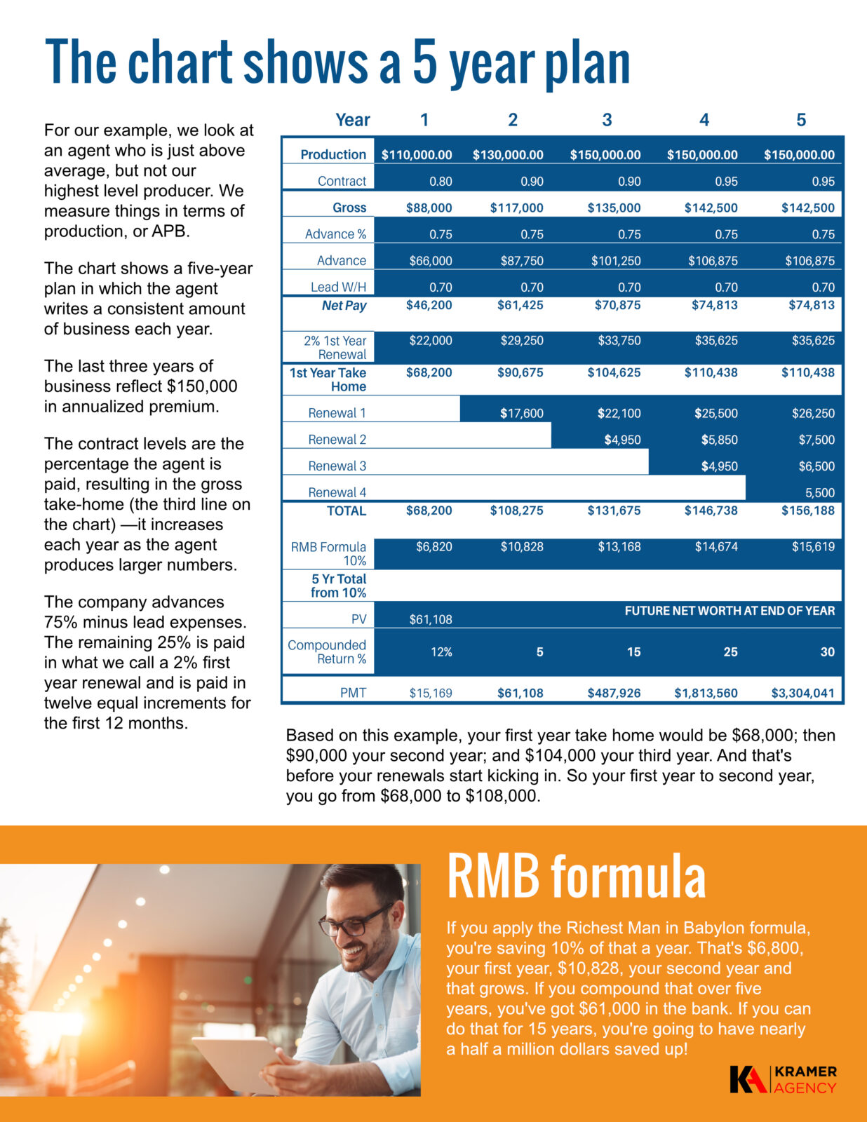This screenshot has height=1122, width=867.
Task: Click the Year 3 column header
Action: (x=607, y=120)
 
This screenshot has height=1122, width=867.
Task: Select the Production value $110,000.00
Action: (x=417, y=155)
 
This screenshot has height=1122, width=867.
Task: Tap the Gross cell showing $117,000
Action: (x=516, y=208)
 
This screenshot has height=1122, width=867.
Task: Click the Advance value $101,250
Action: (x=615, y=261)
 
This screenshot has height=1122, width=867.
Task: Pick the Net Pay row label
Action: (x=344, y=306)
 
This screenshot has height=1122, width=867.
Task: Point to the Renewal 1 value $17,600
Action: (x=521, y=414)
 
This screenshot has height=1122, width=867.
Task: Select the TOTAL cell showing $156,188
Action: (x=808, y=511)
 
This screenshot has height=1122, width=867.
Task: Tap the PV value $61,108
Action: (x=431, y=619)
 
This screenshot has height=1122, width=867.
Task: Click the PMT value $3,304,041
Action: (x=802, y=694)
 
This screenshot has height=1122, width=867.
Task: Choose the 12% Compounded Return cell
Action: (x=441, y=652)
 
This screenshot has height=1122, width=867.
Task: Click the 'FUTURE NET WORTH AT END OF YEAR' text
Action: (x=730, y=611)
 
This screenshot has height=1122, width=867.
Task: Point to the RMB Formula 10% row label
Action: (x=328, y=553)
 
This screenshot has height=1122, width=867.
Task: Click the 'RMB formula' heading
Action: (x=576, y=877)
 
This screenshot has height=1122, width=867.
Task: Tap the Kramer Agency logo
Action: (x=783, y=1080)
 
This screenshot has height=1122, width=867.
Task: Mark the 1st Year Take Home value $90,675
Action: (x=520, y=372)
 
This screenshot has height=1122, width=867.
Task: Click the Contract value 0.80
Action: (x=441, y=182)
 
